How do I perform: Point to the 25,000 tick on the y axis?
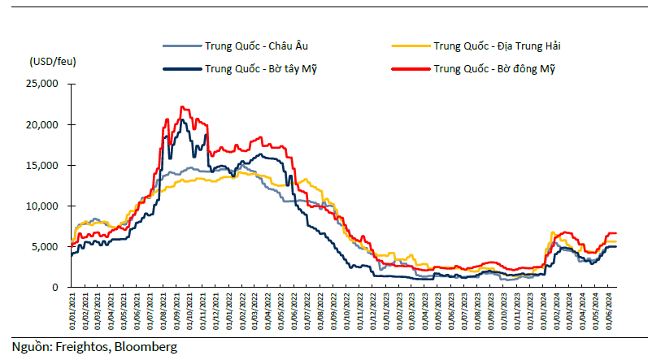pos(42,84)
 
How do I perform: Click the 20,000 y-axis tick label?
pos(42,125)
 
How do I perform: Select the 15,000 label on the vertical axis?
pos(42,165)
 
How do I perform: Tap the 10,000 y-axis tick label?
pos(42,206)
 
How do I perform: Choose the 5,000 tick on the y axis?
pos(45,246)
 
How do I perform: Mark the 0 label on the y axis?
pos(55,288)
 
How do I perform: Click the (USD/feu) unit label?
pos(53,62)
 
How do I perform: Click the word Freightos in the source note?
pos(83,347)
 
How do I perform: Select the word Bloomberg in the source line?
pos(146,347)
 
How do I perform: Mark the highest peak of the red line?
pos(182,106)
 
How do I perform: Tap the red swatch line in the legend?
pos(411,69)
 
